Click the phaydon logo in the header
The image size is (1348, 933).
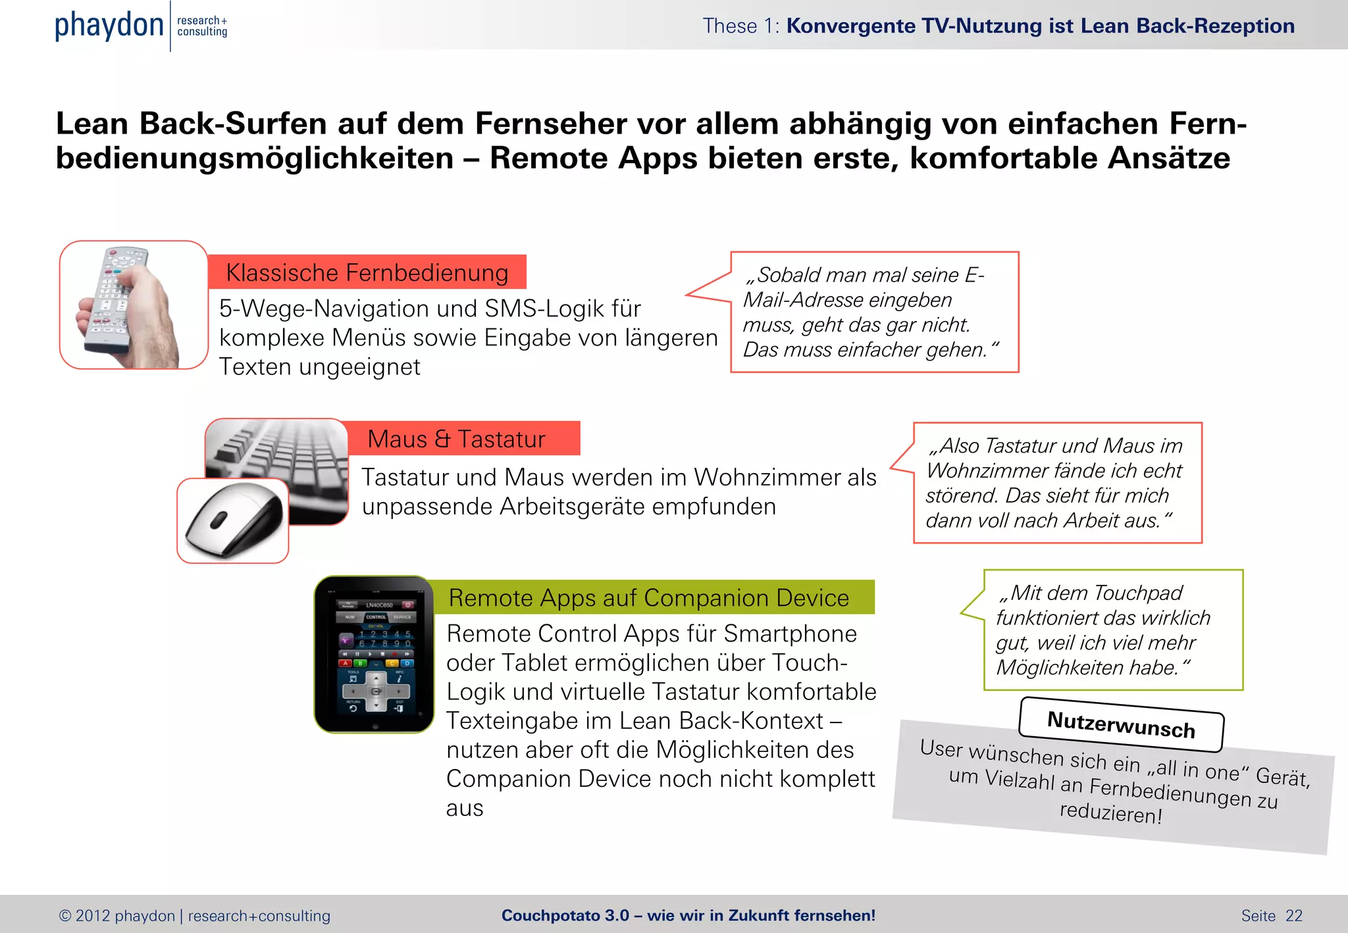pos(109,26)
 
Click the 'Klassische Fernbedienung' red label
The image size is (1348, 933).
pos(367,272)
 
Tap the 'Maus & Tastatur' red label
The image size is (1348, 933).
pos(456,439)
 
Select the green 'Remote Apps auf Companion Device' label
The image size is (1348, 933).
pos(648,597)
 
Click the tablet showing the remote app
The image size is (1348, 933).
pos(375,655)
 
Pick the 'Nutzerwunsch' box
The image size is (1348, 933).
pos(1121,724)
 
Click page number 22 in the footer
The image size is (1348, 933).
pos(1294,916)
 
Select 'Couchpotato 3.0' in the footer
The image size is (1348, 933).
pos(565,916)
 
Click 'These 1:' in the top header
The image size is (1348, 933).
pos(740,26)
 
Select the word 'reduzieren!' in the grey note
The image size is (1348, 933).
pos(1110,813)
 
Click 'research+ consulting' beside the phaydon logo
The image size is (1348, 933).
pos(202,26)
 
